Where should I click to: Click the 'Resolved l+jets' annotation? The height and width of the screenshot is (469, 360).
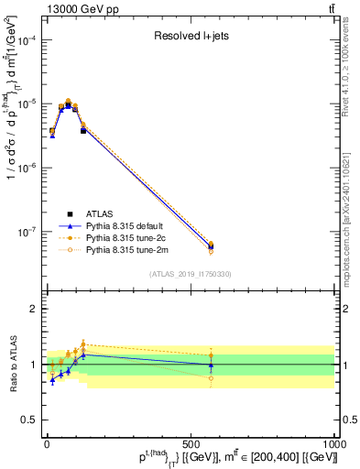pos(189,38)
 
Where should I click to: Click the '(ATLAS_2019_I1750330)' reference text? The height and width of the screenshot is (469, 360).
pos(190,273)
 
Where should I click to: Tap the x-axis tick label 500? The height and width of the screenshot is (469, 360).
pos(190,444)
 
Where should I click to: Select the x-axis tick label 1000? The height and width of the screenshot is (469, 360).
pos(332,444)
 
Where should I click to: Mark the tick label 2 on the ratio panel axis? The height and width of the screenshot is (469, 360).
pos(33,309)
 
